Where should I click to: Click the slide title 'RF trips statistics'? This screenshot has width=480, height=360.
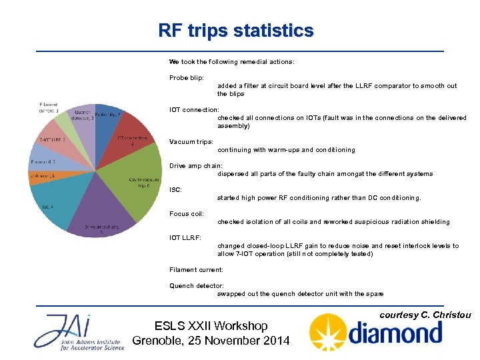(x=235, y=31)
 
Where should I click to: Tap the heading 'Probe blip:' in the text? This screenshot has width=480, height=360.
(x=187, y=78)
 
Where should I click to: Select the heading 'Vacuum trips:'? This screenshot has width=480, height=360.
(x=191, y=142)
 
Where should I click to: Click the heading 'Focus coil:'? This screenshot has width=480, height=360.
(x=187, y=214)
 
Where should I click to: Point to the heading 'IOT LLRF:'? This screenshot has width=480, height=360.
(x=185, y=238)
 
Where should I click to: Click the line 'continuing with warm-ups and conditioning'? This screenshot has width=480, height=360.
(x=286, y=150)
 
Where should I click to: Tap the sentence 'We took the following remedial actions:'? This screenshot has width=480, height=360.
(x=231, y=62)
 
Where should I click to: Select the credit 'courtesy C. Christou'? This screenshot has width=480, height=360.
(x=425, y=315)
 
